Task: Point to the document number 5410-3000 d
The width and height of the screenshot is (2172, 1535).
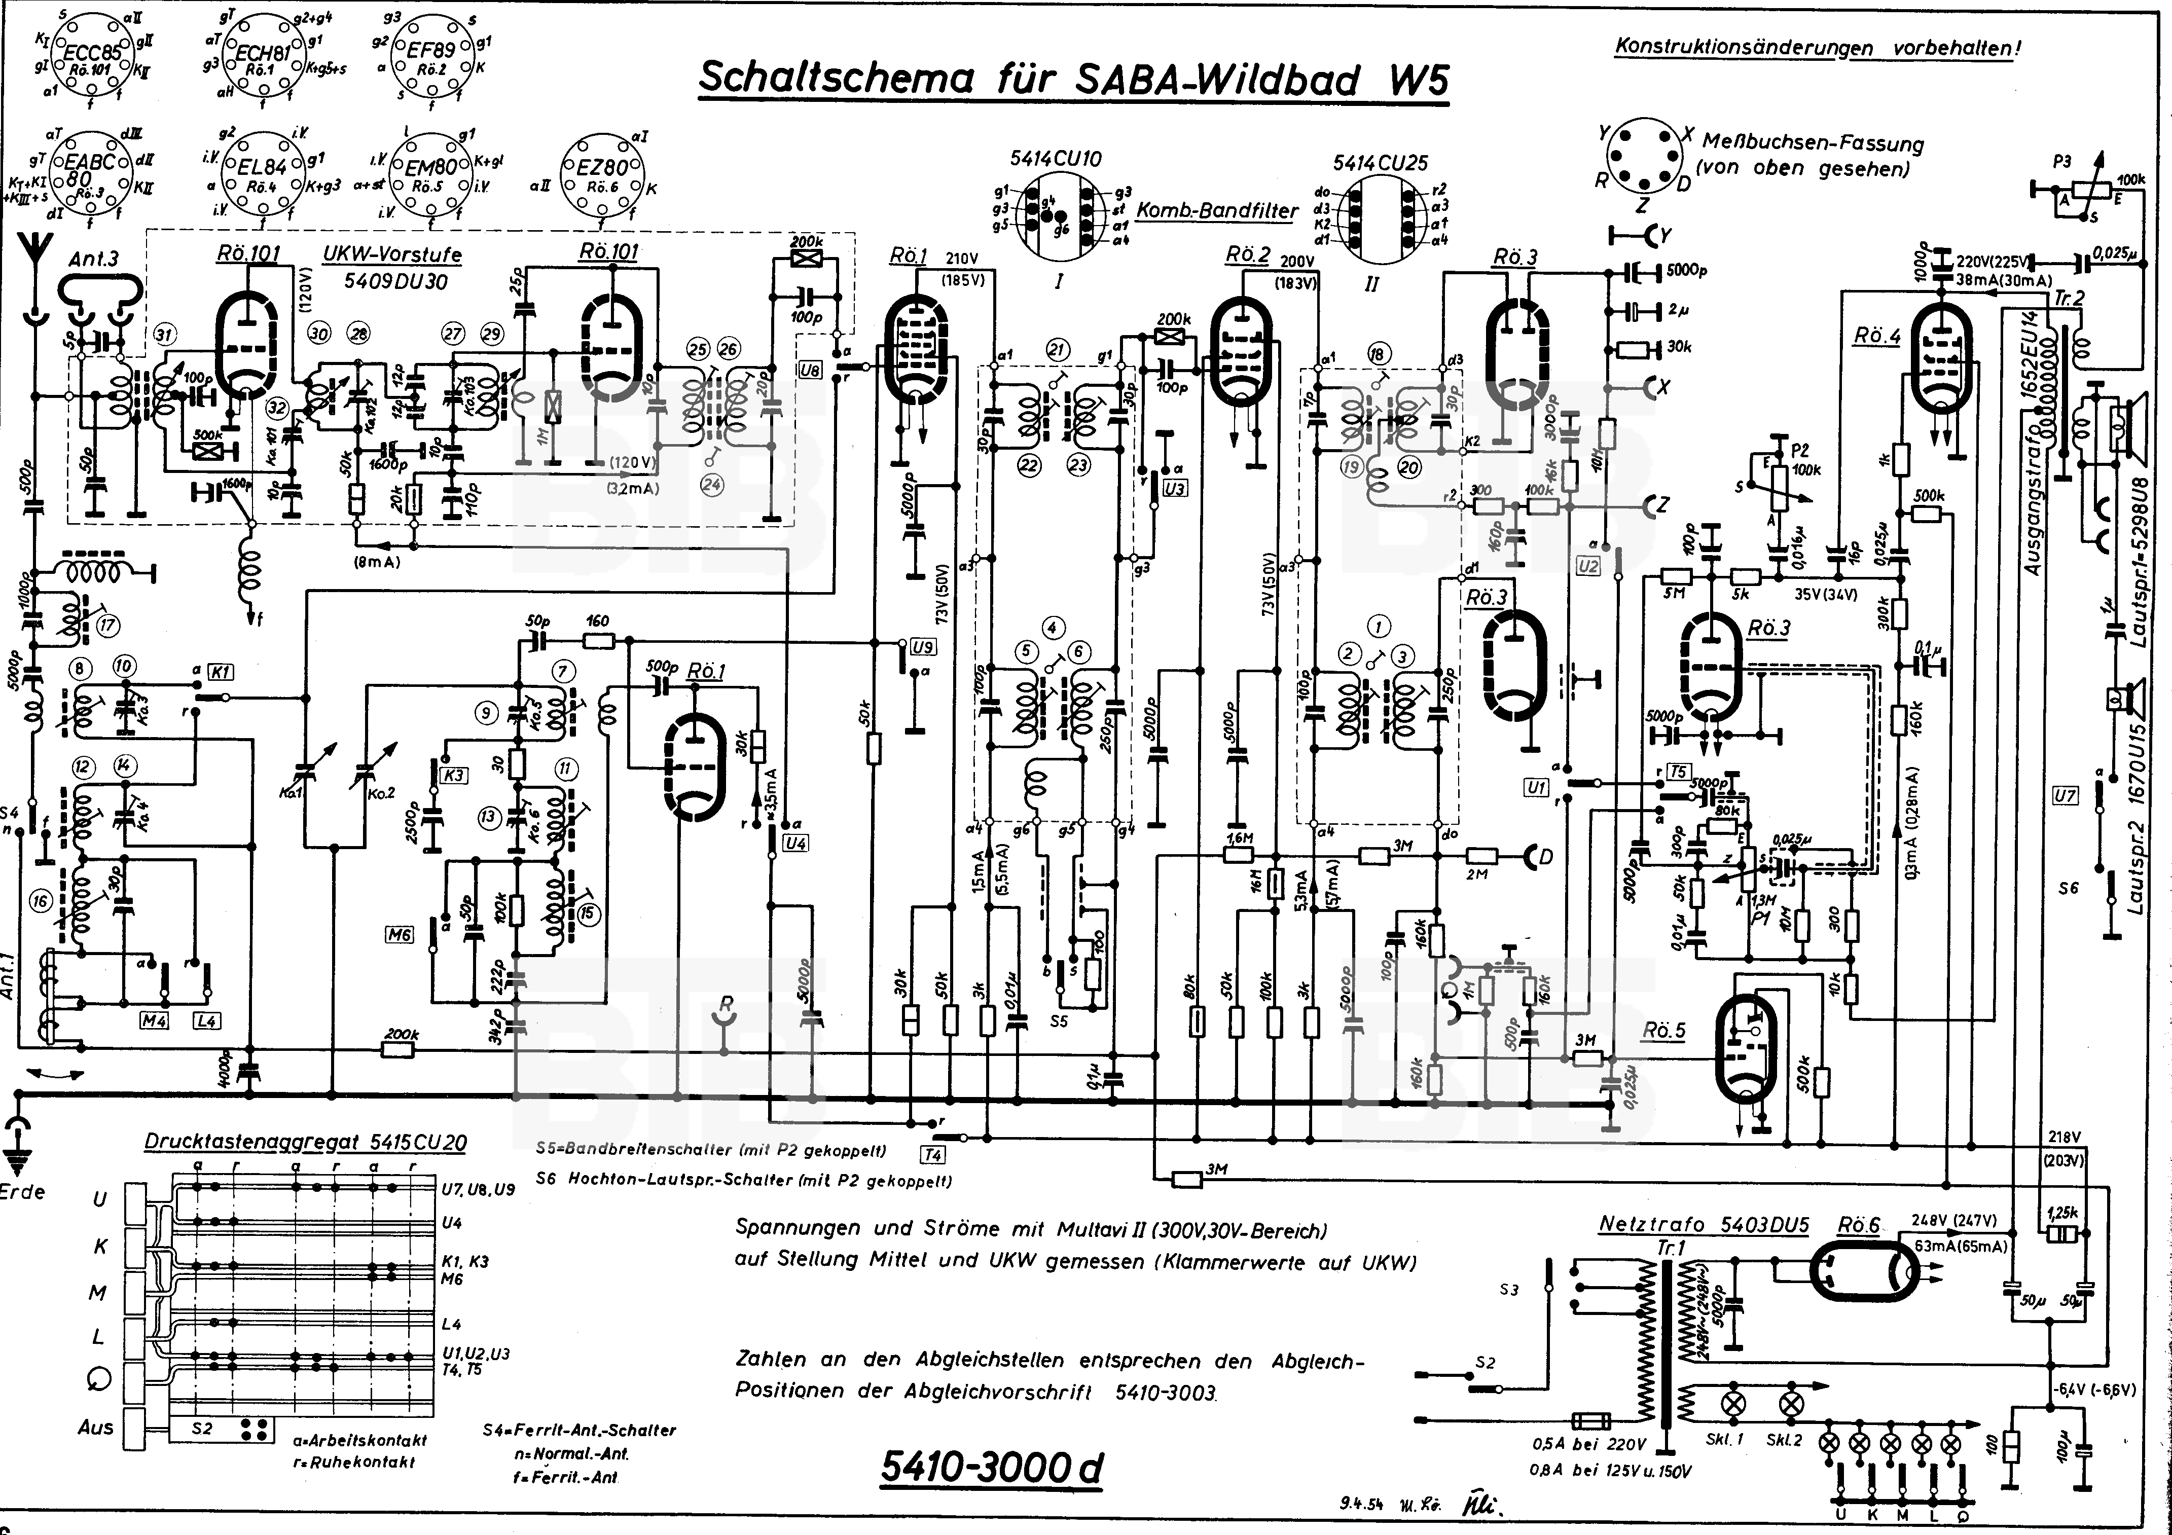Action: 991,1467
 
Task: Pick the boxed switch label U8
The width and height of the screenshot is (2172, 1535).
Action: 810,371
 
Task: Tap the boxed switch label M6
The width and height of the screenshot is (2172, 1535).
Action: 399,934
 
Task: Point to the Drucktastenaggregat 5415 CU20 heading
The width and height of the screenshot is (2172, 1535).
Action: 305,1142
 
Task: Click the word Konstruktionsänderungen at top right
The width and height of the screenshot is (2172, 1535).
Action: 1744,47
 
